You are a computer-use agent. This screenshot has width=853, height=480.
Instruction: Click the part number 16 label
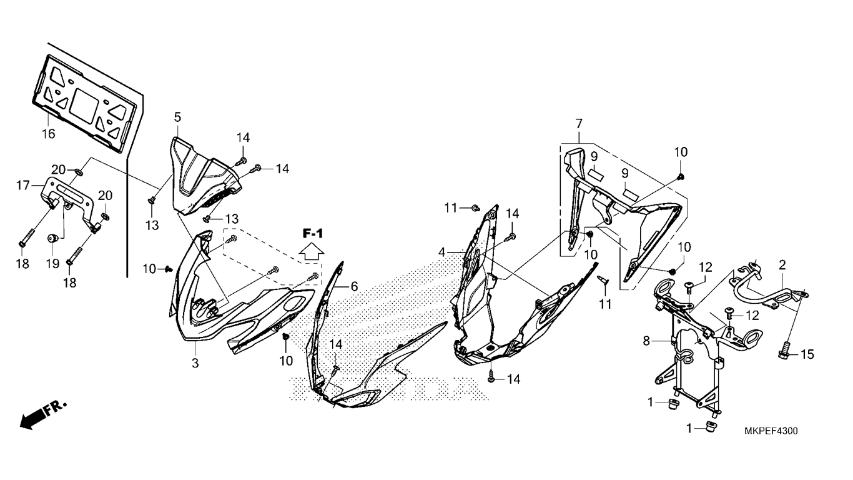point(48,134)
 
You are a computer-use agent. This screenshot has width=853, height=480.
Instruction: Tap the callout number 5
point(177,117)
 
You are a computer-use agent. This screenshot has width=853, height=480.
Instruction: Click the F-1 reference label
point(313,233)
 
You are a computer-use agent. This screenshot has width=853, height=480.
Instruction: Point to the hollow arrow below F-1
point(312,252)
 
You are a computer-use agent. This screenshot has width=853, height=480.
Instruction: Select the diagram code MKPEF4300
point(771,431)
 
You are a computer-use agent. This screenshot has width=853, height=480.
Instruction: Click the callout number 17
point(23,186)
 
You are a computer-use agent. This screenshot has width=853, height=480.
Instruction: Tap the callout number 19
point(53,264)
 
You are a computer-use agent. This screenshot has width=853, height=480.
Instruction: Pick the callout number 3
point(195,363)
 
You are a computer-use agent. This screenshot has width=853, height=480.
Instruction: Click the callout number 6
point(354,286)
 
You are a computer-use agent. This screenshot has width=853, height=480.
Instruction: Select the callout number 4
point(441,252)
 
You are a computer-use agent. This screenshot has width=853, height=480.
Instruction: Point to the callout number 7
point(579,124)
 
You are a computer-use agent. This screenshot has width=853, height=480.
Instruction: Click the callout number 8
point(646,341)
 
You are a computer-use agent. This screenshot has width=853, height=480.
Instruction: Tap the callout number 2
point(782,265)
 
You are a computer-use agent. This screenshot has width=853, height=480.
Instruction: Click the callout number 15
point(807,354)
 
